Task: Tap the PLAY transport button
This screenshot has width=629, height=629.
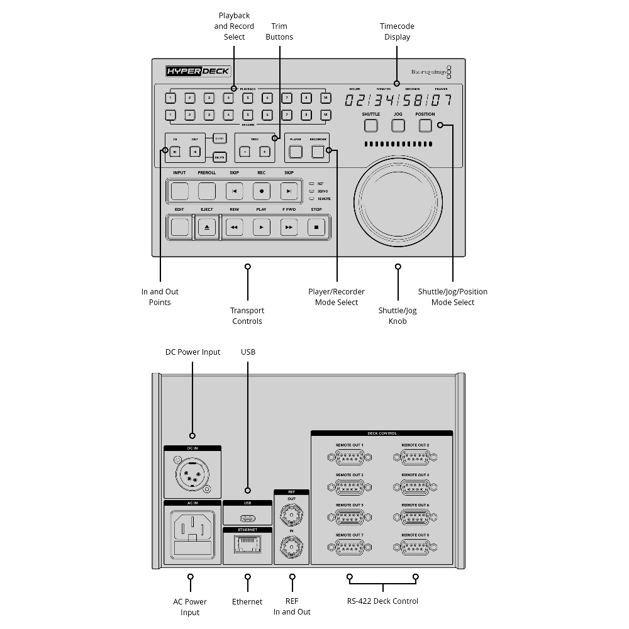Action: coord(261,227)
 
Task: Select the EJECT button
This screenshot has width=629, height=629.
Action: coord(207,227)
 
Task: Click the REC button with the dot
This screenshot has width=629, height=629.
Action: coord(261,191)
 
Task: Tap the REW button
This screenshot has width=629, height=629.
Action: coord(234,227)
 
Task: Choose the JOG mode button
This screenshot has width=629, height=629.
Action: coord(398,125)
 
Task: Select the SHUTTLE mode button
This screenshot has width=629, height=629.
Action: coord(371,125)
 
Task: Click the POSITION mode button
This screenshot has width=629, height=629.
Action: coord(425,125)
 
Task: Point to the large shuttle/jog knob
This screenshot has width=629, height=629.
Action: coord(398,201)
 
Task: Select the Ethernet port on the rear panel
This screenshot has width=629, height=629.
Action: coord(247,547)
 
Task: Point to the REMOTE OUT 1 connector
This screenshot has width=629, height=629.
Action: coord(349,457)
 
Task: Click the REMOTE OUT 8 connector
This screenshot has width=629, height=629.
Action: coord(415,547)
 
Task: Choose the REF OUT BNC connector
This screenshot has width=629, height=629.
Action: coord(292,516)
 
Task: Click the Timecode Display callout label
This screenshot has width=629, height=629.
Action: coord(397,31)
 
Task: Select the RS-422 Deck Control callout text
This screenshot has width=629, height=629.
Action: coord(382,601)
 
